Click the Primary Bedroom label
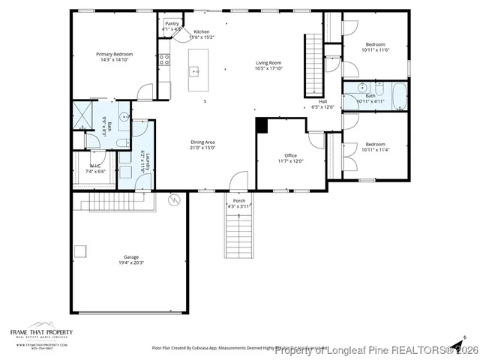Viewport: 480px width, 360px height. [114, 54]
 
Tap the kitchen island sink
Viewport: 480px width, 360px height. [194, 72]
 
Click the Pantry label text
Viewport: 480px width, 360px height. [172, 23]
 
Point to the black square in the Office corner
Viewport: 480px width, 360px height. [261, 126]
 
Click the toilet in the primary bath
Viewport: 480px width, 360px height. [123, 142]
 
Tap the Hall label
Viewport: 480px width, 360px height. [322, 101]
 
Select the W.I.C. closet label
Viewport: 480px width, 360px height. [95, 166]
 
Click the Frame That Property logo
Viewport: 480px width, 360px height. [41, 334]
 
